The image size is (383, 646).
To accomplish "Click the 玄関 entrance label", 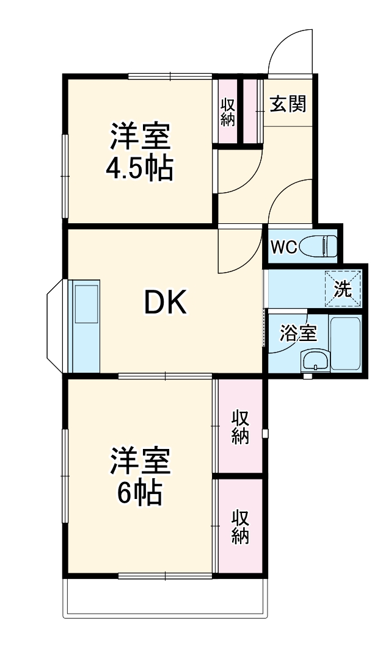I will coord(288,104).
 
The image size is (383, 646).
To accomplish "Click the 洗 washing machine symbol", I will coord(343,289).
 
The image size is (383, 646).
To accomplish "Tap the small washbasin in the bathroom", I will coord(315,361).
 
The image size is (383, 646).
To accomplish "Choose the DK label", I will coord(165,301).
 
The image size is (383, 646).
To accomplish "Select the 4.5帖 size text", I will coord(139,169).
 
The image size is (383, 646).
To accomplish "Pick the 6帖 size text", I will coord(140,493).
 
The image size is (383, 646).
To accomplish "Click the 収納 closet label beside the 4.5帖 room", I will coord(228,112).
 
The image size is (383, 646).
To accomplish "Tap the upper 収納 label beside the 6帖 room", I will coord(240,427).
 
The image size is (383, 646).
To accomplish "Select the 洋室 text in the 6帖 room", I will coord(140,461).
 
